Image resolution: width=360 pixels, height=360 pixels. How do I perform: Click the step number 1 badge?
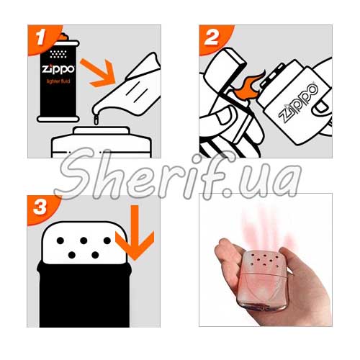click(x=41, y=38)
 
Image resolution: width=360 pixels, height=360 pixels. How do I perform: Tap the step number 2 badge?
click(x=212, y=38)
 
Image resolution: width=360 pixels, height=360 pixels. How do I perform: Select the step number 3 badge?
click(x=40, y=208)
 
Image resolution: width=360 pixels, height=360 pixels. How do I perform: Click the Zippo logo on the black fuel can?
click(x=58, y=69)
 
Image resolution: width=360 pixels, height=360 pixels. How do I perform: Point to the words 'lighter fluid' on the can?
click(x=58, y=81)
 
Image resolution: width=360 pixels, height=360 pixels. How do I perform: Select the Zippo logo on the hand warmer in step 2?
click(x=298, y=102)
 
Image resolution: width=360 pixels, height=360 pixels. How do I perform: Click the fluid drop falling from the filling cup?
click(x=96, y=120)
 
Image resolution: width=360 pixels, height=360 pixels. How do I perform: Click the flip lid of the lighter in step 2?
click(x=225, y=68)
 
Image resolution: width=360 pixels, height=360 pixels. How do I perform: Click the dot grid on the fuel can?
click(x=58, y=54)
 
